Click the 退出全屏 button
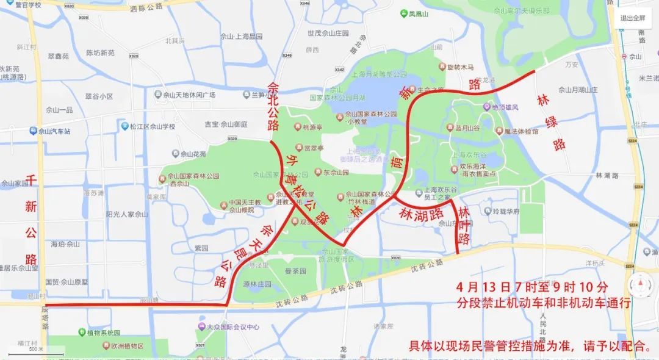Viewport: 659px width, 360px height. tap(636, 18)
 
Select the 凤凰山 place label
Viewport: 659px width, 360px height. tap(420, 13)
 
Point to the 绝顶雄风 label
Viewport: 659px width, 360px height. tap(503, 107)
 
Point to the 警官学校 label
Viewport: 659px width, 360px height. tap(24, 5)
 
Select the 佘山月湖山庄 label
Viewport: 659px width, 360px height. tap(567, 91)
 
